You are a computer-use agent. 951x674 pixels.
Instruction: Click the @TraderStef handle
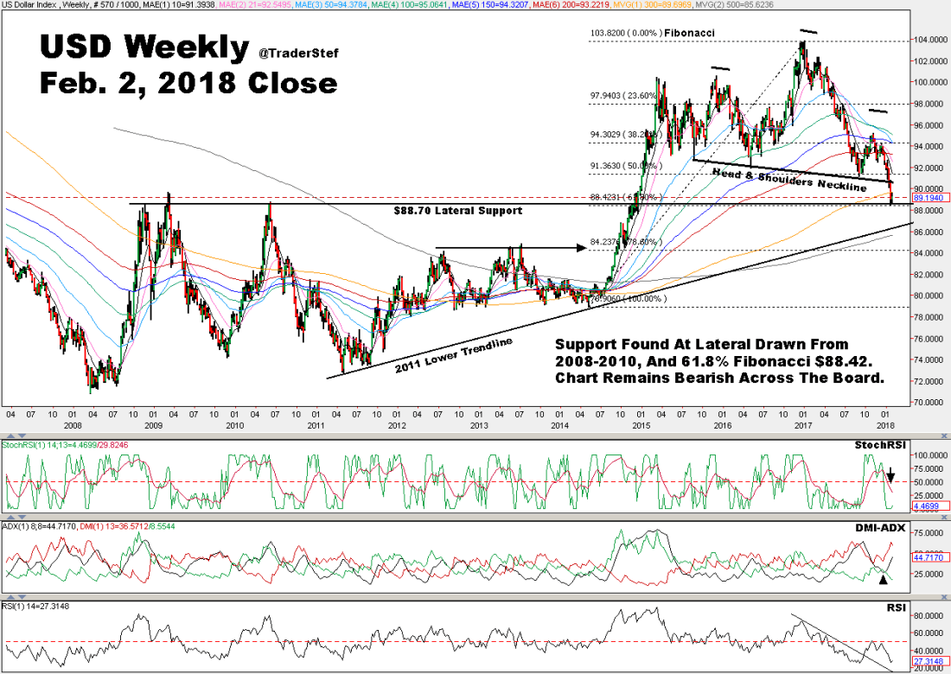(298, 54)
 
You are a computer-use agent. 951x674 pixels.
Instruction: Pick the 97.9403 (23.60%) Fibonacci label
(623, 96)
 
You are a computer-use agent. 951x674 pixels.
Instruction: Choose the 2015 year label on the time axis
(641, 425)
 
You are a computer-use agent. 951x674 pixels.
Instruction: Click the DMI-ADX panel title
(883, 528)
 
